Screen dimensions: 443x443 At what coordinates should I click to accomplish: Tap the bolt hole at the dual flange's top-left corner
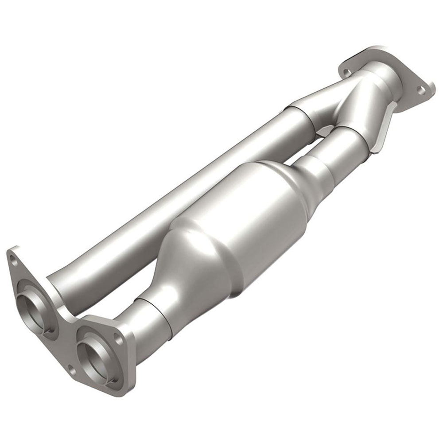pyautogui.click(x=14, y=262)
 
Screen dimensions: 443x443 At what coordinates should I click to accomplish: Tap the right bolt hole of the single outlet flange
pyautogui.click(x=421, y=90)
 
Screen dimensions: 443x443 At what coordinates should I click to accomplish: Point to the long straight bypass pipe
pyautogui.click(x=177, y=195)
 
